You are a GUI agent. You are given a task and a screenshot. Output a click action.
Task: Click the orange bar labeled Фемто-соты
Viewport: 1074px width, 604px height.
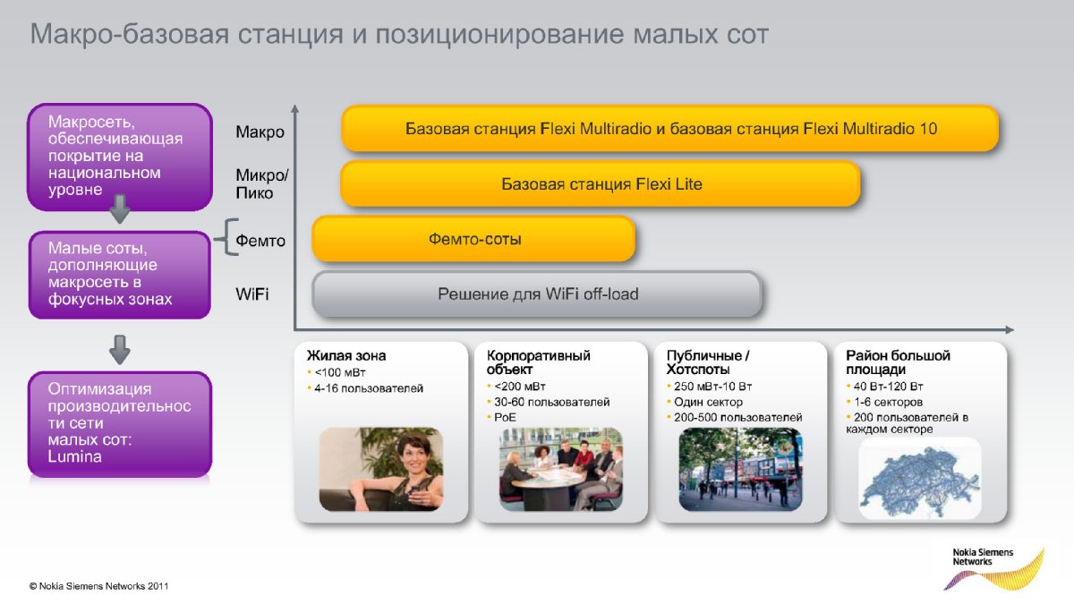pos(473,239)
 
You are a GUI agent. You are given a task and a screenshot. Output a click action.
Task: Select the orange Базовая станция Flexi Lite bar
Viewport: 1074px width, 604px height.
pos(601,183)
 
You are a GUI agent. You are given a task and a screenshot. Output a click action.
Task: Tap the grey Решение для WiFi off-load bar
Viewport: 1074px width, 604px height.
pos(537,293)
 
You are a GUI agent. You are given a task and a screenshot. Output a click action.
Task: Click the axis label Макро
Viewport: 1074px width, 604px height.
pos(260,132)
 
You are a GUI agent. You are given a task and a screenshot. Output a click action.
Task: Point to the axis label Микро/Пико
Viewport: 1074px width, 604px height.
pos(261,184)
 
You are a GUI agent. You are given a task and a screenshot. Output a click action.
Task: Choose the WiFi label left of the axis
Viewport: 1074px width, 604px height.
pos(252,293)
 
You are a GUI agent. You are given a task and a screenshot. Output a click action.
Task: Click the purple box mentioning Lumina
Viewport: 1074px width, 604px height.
pos(120,424)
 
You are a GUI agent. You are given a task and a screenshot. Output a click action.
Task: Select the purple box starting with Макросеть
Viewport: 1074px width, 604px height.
pos(120,157)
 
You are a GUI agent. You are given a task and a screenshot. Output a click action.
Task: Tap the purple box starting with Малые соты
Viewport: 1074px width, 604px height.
pos(120,275)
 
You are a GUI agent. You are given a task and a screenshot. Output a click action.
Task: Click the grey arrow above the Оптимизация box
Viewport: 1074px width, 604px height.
pos(120,350)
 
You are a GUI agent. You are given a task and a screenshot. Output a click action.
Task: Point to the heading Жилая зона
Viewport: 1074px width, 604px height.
pos(346,356)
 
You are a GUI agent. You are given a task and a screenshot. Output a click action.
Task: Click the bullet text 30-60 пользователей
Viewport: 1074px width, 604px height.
pos(552,402)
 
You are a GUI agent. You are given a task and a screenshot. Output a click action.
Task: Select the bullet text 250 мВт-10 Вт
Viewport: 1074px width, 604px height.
pos(712,387)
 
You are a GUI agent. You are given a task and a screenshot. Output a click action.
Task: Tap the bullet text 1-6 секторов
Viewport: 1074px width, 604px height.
pos(888,402)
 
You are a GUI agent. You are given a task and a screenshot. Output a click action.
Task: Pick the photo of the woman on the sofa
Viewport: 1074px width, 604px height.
pos(381,469)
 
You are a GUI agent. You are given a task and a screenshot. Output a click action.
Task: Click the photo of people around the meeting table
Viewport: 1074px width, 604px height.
pos(561,469)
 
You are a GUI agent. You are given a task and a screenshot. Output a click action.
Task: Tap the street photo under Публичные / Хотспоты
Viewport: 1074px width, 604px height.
pos(740,469)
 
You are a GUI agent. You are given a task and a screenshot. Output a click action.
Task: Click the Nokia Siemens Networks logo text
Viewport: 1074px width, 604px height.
pos(983,557)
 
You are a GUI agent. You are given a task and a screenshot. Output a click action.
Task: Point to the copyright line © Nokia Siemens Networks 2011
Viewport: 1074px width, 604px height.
pos(98,586)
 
